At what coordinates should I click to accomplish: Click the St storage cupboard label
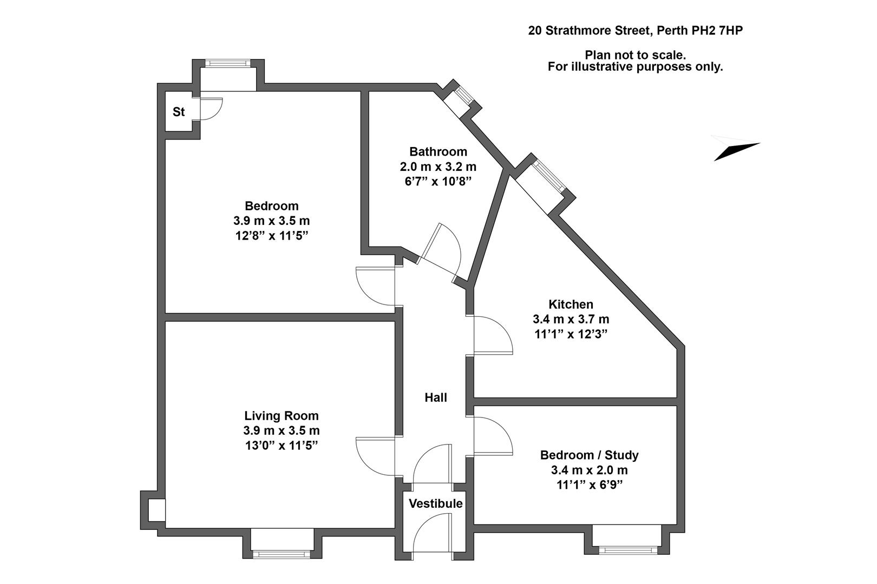click(179, 112)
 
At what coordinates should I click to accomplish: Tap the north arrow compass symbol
click(736, 148)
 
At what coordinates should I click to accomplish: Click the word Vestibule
click(435, 503)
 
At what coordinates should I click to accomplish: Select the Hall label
click(435, 397)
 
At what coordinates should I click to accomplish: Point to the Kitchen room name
click(571, 304)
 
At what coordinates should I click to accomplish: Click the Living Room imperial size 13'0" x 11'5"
click(281, 446)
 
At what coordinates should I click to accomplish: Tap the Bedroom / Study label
click(589, 455)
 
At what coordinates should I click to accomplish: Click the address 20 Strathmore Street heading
click(635, 31)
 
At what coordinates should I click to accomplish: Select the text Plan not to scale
click(635, 55)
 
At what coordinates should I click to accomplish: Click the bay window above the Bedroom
click(228, 63)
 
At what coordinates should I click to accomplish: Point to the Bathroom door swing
click(441, 249)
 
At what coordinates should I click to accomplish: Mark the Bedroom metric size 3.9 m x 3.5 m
click(271, 221)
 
